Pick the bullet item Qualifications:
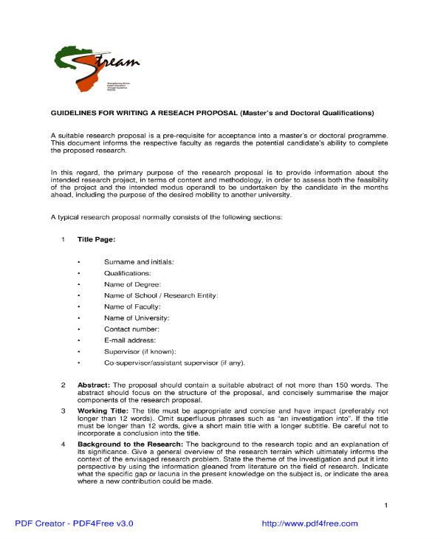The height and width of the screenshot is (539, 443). (128, 273)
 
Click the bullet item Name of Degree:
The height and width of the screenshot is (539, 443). (132, 284)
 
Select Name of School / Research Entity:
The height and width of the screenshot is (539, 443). (161, 295)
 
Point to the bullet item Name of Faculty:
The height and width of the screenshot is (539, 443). (132, 306)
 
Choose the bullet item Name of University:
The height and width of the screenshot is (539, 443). (137, 317)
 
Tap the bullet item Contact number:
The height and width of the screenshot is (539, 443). (131, 329)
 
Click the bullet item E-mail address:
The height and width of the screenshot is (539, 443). (130, 340)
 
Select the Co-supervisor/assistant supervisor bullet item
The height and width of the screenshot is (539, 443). (174, 363)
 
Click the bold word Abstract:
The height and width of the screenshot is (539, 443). (94, 385)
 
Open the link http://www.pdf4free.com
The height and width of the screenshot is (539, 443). (310, 523)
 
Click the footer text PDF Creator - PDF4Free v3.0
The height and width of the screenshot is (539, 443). (74, 523)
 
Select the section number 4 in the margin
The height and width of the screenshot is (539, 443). (63, 443)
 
